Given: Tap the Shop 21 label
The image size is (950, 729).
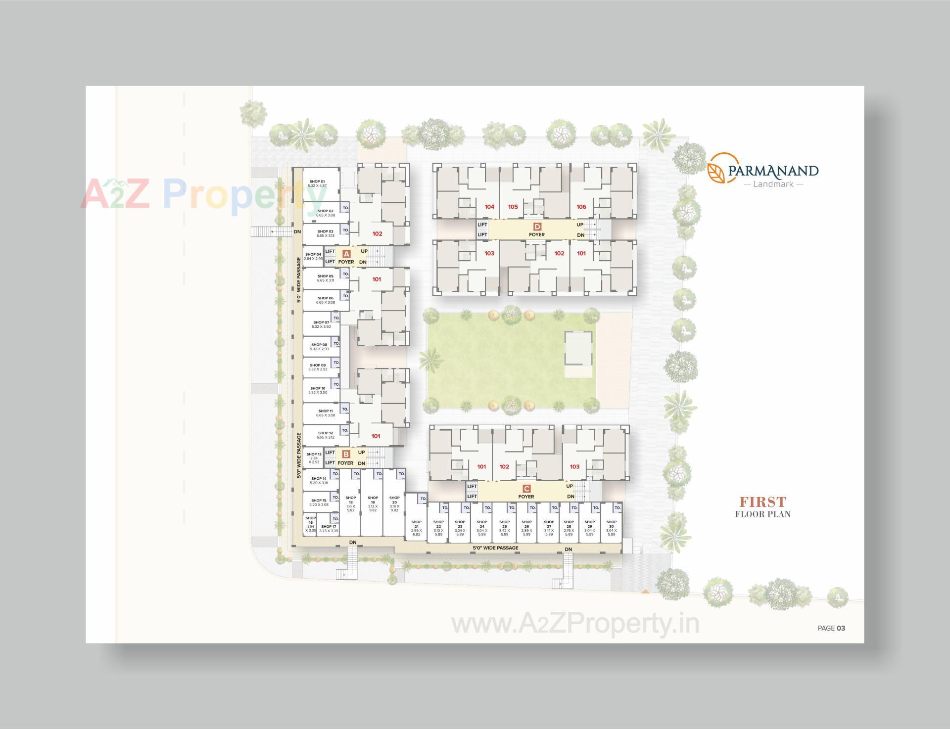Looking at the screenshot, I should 416,522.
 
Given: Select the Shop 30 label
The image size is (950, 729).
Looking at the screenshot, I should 612,522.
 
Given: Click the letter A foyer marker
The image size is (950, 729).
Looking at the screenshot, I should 346,253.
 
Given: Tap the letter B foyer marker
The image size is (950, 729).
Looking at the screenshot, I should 346,454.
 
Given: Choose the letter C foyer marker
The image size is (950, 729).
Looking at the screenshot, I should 526,489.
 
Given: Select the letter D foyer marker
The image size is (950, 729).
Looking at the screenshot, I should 537,227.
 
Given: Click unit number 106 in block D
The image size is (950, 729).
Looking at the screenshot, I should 581,207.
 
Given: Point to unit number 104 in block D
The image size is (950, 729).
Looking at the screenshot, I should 489,207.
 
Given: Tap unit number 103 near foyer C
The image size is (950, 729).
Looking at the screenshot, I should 574,466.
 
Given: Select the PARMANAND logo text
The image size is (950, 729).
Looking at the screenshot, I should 773,171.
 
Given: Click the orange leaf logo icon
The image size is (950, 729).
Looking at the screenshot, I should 716,168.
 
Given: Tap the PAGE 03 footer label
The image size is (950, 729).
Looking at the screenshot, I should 831,628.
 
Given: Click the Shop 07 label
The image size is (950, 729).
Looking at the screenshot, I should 321,322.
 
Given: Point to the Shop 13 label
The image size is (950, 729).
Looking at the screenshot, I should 314,454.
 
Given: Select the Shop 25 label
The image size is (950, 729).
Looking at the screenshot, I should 504,522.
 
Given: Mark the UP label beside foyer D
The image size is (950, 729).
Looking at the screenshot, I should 580,225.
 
